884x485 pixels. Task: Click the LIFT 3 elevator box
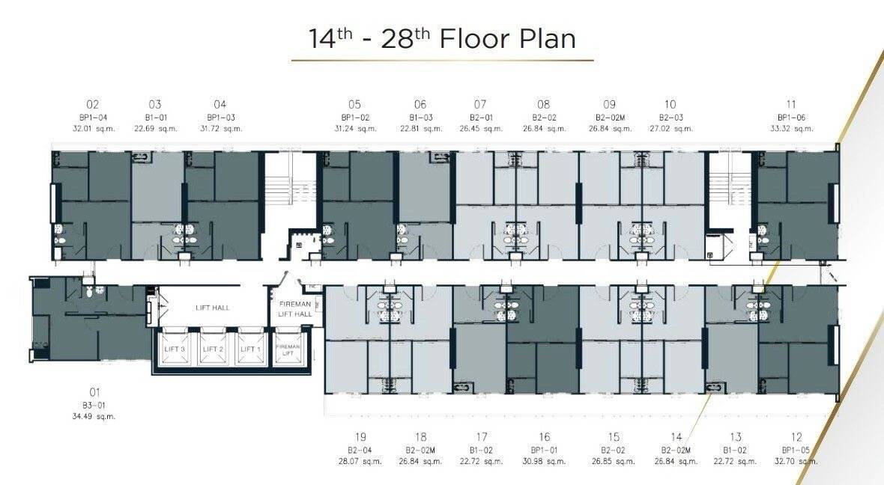pyautogui.click(x=174, y=349)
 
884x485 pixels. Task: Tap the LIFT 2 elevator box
pyautogui.click(x=213, y=349)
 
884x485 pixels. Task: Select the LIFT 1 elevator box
pyautogui.click(x=251, y=349)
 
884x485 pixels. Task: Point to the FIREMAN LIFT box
pyautogui.click(x=288, y=350)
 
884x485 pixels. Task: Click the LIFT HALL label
pyautogui.click(x=213, y=308)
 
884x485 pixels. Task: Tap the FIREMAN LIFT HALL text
pyautogui.click(x=295, y=308)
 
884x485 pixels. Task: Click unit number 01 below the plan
pyautogui.click(x=94, y=392)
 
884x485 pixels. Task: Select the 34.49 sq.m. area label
pyautogui.click(x=94, y=416)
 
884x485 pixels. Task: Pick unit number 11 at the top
pyautogui.click(x=791, y=104)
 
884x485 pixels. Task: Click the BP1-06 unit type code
pyautogui.click(x=792, y=118)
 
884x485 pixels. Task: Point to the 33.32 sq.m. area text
pyautogui.click(x=792, y=129)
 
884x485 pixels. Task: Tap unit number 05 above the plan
pyautogui.click(x=354, y=104)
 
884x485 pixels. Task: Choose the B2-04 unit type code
pyautogui.click(x=360, y=450)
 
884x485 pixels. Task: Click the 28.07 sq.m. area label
pyautogui.click(x=360, y=461)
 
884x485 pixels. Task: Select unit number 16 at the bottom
pyautogui.click(x=544, y=437)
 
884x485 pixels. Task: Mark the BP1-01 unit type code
pyautogui.click(x=544, y=450)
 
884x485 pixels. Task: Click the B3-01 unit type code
pyautogui.click(x=94, y=405)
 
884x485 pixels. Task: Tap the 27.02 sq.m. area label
pyautogui.click(x=671, y=129)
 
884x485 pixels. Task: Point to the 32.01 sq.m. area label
pyautogui.click(x=94, y=129)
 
